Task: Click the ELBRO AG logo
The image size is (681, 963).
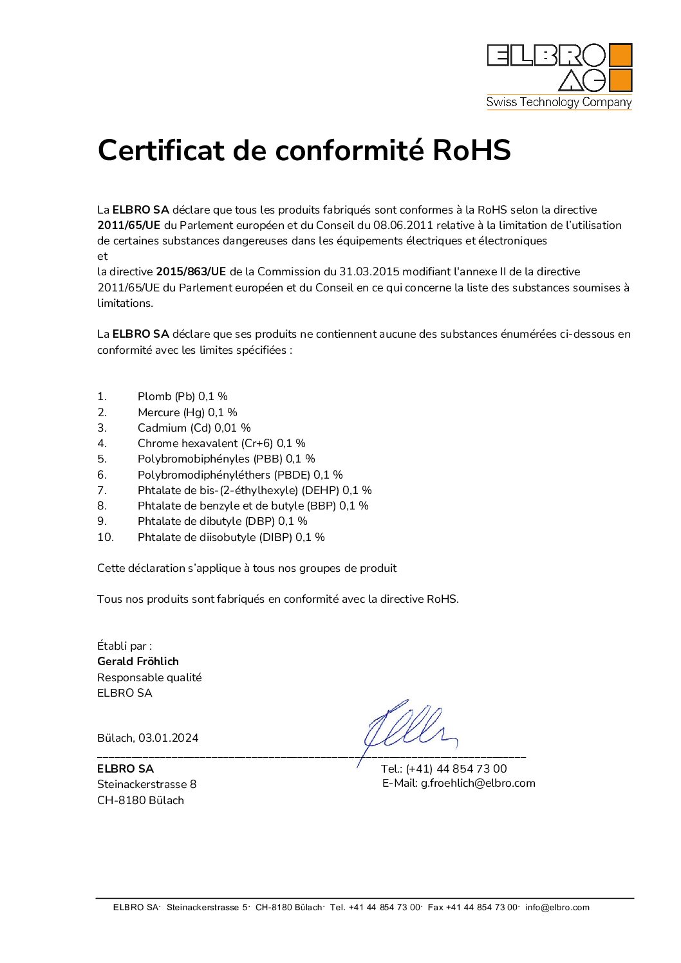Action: click(x=559, y=68)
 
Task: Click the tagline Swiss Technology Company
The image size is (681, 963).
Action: click(x=559, y=102)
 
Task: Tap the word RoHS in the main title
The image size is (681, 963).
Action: click(x=471, y=151)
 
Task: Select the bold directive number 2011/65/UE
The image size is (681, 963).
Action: click(x=129, y=226)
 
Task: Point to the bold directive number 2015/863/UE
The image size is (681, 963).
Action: click(x=191, y=272)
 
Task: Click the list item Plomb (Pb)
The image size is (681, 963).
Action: click(x=166, y=397)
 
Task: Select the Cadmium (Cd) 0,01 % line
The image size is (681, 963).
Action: click(x=194, y=428)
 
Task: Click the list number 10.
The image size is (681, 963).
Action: click(x=105, y=537)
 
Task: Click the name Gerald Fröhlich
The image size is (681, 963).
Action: click(x=138, y=661)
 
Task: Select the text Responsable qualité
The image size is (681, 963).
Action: click(x=149, y=677)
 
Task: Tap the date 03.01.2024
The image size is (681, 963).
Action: click(x=168, y=738)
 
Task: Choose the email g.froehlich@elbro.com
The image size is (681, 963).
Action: click(x=478, y=784)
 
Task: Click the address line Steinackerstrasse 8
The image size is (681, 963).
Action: click(x=147, y=784)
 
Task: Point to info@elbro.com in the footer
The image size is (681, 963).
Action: click(x=557, y=908)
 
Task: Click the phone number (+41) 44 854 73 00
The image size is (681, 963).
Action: click(x=456, y=769)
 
